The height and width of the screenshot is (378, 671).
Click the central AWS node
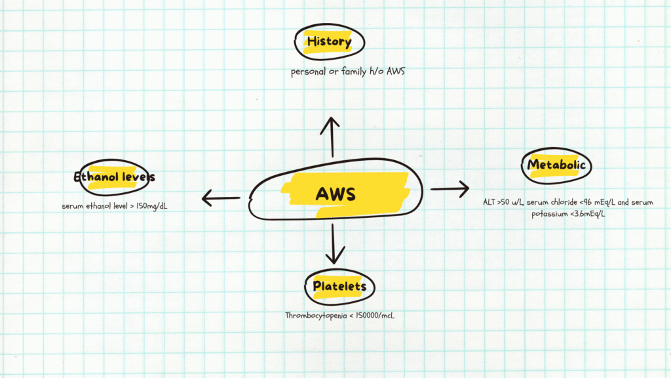[x=335, y=194]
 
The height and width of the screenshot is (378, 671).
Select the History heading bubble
[x=329, y=42]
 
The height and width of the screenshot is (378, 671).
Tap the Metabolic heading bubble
[x=556, y=165]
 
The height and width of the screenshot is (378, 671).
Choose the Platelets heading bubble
[x=339, y=287]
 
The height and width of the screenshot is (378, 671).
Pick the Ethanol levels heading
[x=115, y=177]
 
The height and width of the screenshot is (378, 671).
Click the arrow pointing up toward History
[x=333, y=136]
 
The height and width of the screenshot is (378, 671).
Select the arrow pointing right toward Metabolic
[x=450, y=189]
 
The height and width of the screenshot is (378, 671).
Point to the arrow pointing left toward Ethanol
[x=221, y=197]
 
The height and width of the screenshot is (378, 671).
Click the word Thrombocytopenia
[x=313, y=316]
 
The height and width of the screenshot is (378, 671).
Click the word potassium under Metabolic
[x=553, y=214]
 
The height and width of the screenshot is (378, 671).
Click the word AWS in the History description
[x=395, y=72]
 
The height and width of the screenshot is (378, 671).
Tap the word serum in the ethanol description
[x=73, y=206]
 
